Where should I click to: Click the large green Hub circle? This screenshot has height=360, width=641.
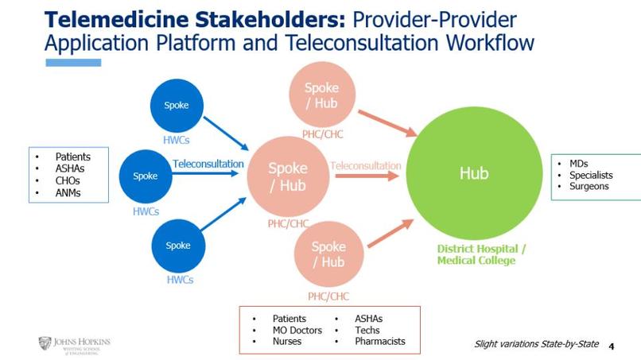(474, 173)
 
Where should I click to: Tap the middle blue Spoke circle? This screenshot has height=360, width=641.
(146, 176)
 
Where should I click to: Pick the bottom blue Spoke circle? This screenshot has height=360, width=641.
(177, 246)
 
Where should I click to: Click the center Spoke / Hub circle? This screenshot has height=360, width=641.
(287, 176)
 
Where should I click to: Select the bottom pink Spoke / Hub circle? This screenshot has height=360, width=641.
(328, 254)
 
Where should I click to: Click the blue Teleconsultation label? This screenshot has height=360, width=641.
(208, 164)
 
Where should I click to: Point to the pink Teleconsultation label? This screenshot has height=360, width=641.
(365, 165)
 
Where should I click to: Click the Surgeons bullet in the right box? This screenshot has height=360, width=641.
(589, 186)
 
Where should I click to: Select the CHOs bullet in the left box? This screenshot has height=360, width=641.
(67, 180)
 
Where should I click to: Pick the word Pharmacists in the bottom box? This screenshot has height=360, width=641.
(379, 341)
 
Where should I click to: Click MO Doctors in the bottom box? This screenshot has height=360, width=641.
(297, 330)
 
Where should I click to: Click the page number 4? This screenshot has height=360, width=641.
(611, 346)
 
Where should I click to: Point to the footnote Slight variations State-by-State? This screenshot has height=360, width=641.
(536, 344)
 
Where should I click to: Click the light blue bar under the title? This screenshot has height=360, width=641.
(73, 62)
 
